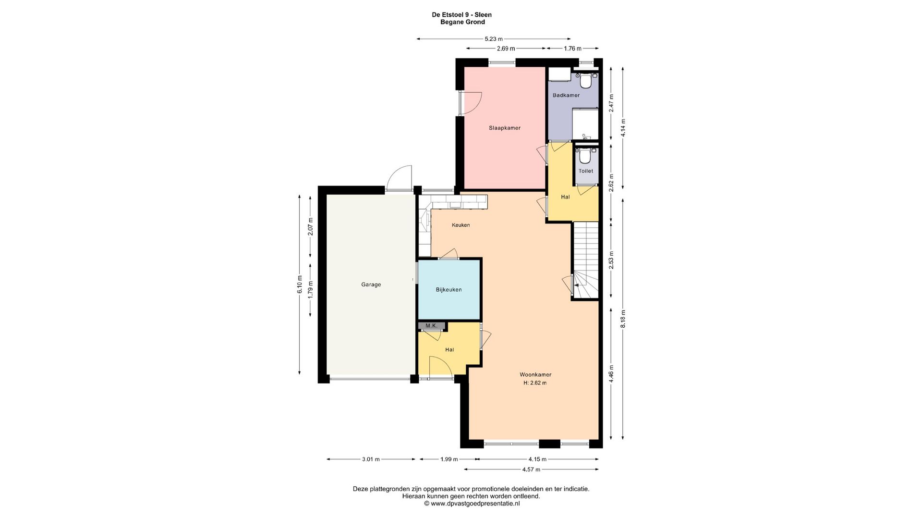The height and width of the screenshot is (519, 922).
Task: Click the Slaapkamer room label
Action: pos(504,128)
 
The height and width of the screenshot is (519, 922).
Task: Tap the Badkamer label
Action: pos(566,95)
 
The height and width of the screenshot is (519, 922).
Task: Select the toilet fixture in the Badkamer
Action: pos(585,81)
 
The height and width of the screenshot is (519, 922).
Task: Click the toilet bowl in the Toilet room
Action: pos(585,157)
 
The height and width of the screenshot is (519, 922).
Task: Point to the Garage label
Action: pos(371,284)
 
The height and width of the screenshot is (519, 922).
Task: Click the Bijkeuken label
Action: pos(449,290)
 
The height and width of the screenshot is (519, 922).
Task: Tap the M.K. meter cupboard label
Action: pos(431,326)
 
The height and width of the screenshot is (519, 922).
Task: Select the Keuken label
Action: pos(461,225)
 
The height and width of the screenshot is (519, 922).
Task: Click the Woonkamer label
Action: pos(535,374)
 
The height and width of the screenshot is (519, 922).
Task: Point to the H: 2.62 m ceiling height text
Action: pos(535,383)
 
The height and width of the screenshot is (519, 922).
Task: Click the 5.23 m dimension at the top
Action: pos(494,39)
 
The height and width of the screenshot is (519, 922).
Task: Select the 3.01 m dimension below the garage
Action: pos(371,459)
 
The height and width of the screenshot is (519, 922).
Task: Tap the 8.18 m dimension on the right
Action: pos(623,319)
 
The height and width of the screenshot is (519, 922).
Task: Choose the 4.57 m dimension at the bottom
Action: pos(531,470)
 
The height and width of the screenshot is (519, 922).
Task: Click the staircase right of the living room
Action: pos(586,260)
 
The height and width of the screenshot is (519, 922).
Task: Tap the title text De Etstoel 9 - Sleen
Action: pos(462,15)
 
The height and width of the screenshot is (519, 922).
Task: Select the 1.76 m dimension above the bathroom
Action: pos(572,49)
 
